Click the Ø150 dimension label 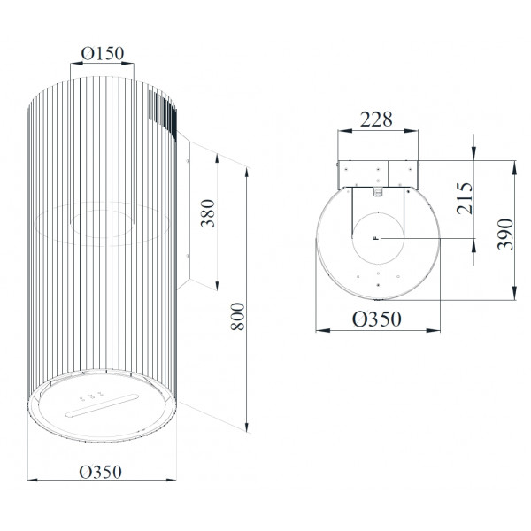coord(103,53)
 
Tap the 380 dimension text coord(208,213)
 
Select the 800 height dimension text coord(237,316)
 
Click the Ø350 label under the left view coord(100,472)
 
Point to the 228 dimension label coord(376,119)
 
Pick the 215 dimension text coord(465,198)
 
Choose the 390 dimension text coord(505,235)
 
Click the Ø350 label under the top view coord(377,319)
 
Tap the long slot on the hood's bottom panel coord(102,405)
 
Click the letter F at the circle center coord(375,238)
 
